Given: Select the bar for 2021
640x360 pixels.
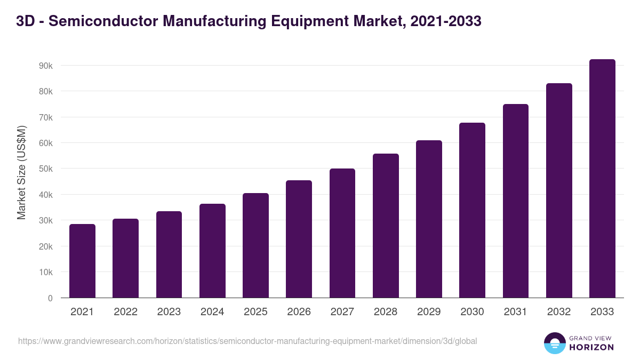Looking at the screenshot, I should pyautogui.click(x=82, y=261).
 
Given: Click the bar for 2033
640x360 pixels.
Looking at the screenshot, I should pyautogui.click(x=602, y=179).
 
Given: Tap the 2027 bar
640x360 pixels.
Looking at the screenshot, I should pyautogui.click(x=342, y=233).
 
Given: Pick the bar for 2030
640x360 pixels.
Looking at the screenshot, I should pyautogui.click(x=472, y=210).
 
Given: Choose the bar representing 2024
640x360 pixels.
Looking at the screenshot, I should pyautogui.click(x=212, y=251).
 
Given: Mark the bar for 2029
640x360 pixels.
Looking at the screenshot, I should pyautogui.click(x=429, y=219).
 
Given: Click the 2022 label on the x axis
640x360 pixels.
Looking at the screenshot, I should pyautogui.click(x=125, y=312).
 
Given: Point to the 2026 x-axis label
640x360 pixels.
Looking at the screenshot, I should pyautogui.click(x=299, y=312).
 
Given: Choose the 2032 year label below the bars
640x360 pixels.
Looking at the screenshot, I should pyautogui.click(x=559, y=312).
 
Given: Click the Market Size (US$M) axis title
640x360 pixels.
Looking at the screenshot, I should pyautogui.click(x=21, y=172).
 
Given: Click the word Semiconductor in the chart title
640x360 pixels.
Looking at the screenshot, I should pyautogui.click(x=107, y=21).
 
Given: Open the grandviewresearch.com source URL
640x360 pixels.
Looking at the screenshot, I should pyautogui.click(x=247, y=341).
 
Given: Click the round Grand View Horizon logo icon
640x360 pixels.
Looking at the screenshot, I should pyautogui.click(x=555, y=343).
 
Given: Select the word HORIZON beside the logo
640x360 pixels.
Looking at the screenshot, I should pyautogui.click(x=592, y=347).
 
